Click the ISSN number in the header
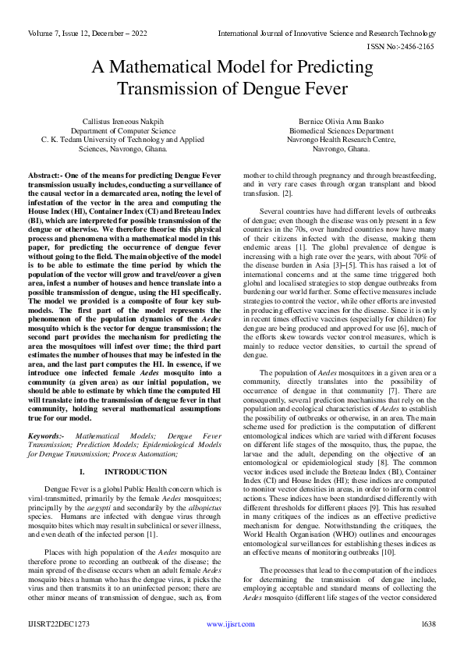[409, 47]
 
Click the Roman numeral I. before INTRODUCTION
[82, 472]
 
